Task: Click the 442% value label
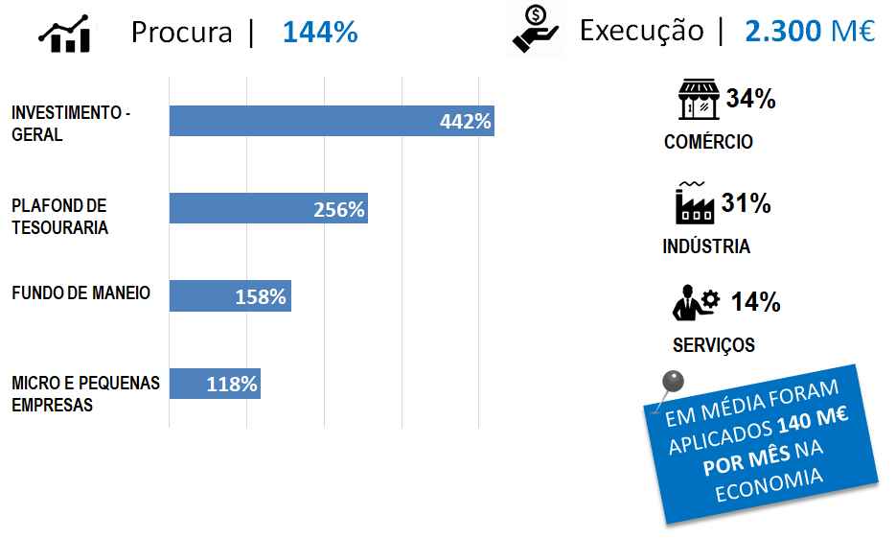coord(465,122)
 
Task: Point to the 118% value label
coord(232,385)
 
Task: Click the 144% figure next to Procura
coord(320,33)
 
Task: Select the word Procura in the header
coord(181,33)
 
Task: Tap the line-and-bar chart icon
coord(65,34)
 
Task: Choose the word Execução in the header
coord(641,31)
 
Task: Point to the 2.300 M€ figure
coord(810,31)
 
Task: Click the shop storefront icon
coord(699,100)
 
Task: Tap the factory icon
coord(694,201)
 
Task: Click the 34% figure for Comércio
coord(750,99)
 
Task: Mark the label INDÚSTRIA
coord(706,246)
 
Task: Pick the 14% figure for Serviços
coord(755,303)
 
